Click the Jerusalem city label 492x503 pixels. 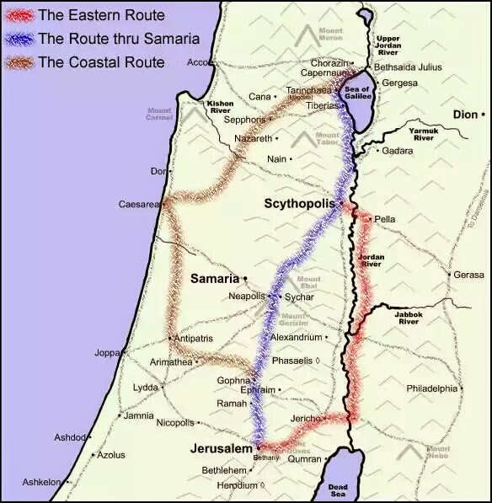pos(222,448)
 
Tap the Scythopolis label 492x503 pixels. pos(299,205)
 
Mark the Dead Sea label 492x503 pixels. pos(338,490)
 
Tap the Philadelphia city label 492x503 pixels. pos(430,388)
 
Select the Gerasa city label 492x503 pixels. pos(469,276)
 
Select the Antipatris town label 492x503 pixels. pos(193,339)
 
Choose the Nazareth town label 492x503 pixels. pos(254,138)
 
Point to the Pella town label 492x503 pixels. pos(384,219)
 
